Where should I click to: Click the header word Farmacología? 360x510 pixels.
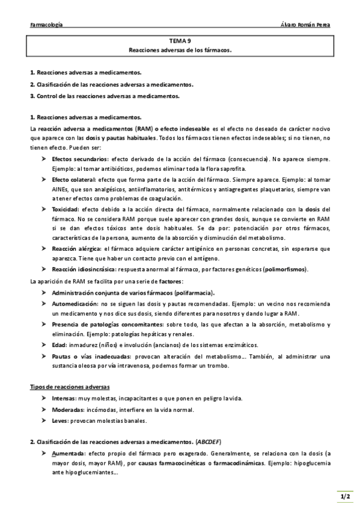point(46,25)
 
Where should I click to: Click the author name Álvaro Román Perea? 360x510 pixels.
point(305,25)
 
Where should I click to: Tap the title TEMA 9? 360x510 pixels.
point(180,41)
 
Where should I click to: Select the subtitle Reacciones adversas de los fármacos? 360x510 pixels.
point(180,51)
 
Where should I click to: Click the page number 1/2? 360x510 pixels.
point(343,497)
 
